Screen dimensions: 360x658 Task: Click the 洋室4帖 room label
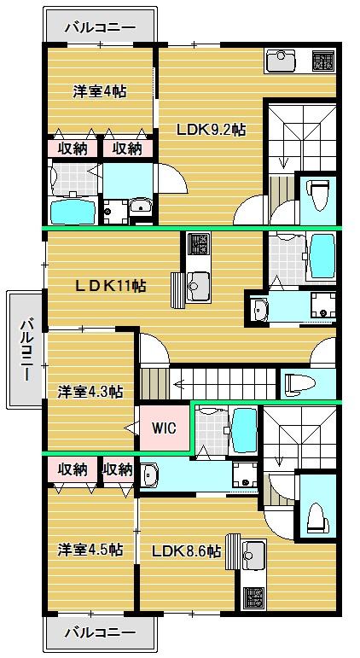(x=100, y=91)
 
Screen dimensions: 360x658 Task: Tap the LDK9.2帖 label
(x=211, y=130)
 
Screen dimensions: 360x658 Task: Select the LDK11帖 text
(x=111, y=286)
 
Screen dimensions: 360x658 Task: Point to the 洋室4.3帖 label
(x=90, y=392)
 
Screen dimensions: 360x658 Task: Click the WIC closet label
(x=165, y=428)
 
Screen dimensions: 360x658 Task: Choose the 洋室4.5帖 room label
(x=90, y=550)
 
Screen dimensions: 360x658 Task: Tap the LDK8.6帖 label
(x=186, y=551)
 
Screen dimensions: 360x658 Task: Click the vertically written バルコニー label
(x=27, y=349)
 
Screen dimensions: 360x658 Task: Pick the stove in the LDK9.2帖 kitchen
(x=322, y=61)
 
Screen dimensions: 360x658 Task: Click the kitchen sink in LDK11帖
(x=198, y=286)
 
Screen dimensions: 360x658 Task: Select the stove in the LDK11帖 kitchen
(x=198, y=244)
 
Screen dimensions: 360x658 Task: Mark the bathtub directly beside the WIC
(x=244, y=430)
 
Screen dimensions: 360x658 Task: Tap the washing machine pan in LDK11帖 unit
(x=323, y=306)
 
